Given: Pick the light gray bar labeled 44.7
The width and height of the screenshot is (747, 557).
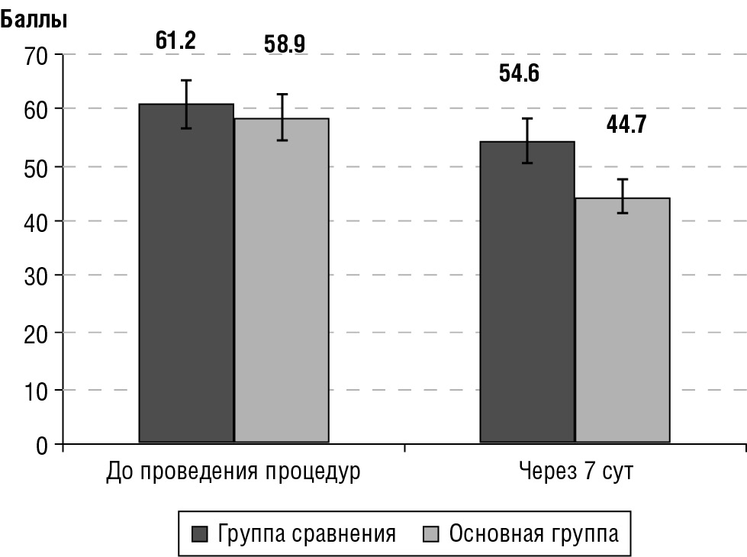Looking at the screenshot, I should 622,320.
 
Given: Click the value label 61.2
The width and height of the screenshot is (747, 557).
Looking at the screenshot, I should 175,40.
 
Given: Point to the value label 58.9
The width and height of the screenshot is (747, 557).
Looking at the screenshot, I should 285,44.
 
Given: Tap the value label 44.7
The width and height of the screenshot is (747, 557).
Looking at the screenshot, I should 626,124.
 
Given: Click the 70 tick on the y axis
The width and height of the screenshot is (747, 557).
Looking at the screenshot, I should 35,56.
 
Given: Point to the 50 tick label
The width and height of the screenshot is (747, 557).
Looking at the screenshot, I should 35,166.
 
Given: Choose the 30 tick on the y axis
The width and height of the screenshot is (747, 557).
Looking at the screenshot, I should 35,275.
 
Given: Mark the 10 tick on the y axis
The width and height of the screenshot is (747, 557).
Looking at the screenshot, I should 35,390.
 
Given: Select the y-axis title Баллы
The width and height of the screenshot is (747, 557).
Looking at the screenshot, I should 34,21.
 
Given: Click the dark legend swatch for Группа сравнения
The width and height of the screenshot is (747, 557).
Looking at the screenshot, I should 201,533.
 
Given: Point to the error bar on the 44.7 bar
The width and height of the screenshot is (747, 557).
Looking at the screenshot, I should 622,196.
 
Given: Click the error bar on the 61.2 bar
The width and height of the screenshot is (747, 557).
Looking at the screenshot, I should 186,104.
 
